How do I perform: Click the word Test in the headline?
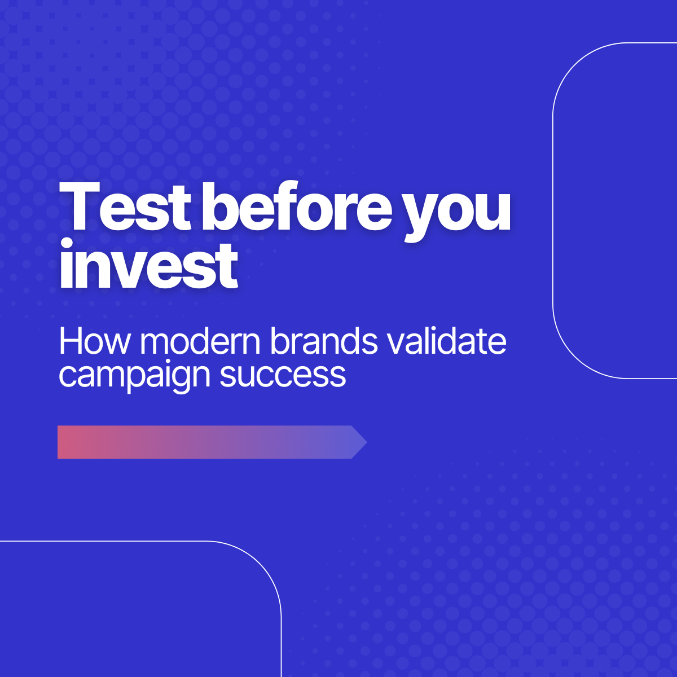tap(125, 206)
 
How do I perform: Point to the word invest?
tap(149, 263)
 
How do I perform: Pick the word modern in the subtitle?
tap(200, 340)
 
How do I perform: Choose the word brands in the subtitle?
tap(324, 340)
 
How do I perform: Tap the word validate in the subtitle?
tap(447, 340)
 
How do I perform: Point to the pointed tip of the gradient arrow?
tap(367, 442)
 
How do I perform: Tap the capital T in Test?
tap(80, 206)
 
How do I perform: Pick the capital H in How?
tap(71, 341)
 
